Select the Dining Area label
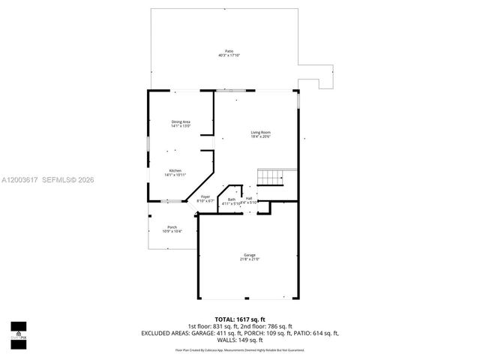(181, 121)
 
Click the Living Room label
(260, 133)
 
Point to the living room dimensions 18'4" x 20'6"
(260, 137)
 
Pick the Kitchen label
(175, 170)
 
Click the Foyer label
(205, 196)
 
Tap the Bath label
(232, 199)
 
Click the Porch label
(172, 226)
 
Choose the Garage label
(249, 255)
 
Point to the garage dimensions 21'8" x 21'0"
(249, 259)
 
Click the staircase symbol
(268, 177)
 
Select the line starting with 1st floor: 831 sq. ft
(240, 326)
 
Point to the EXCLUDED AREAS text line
(240, 332)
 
